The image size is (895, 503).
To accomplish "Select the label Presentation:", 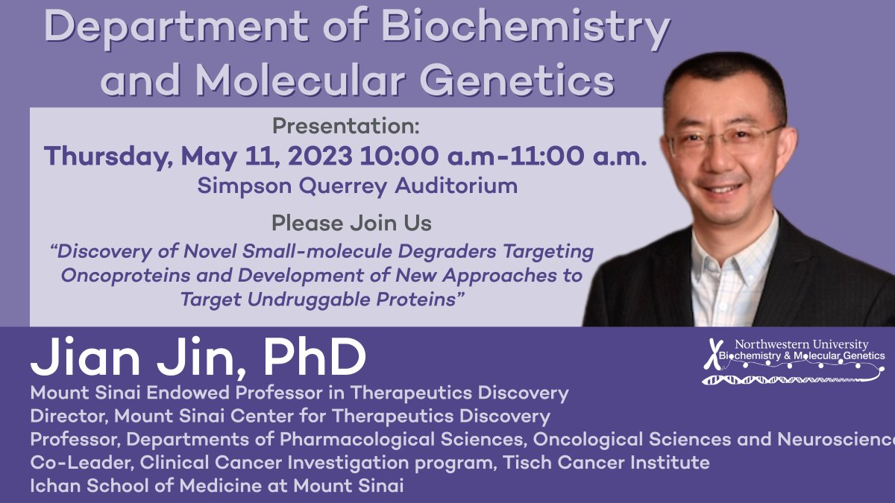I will (346, 125).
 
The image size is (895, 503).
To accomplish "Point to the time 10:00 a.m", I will (422, 156).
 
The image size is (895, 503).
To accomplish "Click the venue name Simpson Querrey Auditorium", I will (357, 186).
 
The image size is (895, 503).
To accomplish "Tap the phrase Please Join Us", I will (351, 222).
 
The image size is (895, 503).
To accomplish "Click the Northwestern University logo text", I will (801, 344).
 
